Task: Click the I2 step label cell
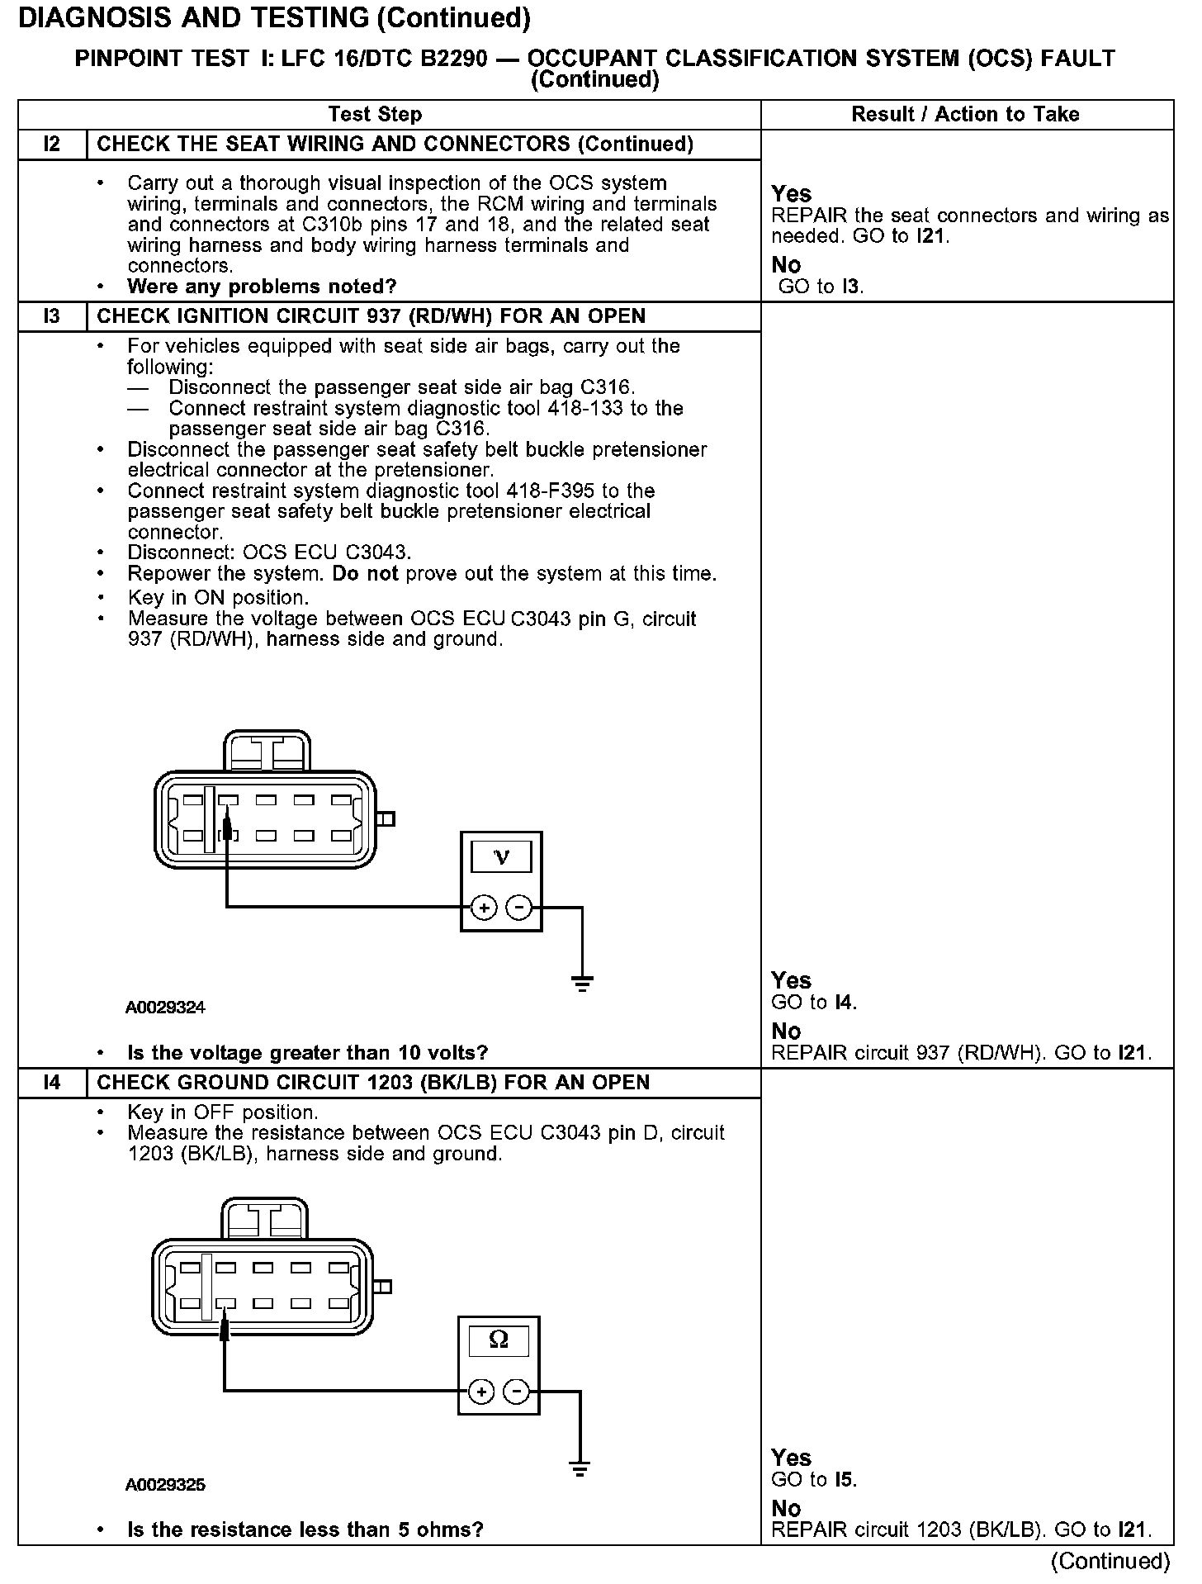coord(52,145)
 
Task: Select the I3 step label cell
coord(52,316)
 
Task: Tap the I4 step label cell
coord(52,1083)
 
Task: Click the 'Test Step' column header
coord(375,114)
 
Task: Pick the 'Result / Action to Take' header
coord(965,114)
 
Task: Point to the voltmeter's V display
coord(501,857)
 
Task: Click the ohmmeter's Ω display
coord(499,1339)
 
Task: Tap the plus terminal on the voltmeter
coord(483,908)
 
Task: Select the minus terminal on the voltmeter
coord(518,908)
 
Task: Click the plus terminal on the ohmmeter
coord(480,1392)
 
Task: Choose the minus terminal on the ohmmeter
coord(516,1392)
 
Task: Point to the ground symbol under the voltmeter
coord(582,982)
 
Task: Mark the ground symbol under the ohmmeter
coord(580,1468)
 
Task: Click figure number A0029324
coord(165,1008)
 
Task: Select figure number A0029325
coord(165,1485)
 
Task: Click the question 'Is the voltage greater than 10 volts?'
coord(307,1053)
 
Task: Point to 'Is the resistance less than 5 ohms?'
coord(305,1529)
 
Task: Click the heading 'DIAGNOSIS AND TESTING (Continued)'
coord(274,18)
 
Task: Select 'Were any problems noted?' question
coord(262,287)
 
